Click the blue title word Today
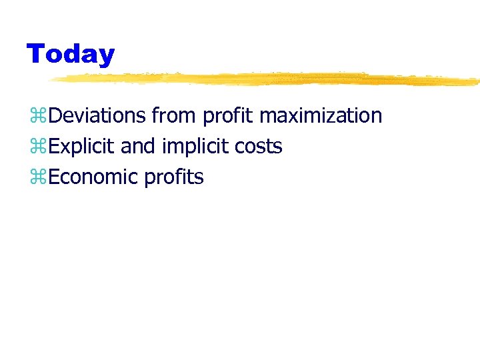pyautogui.click(x=70, y=54)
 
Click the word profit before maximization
pyautogui.click(x=227, y=116)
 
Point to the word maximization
pyautogui.click(x=321, y=115)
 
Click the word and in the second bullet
pyautogui.click(x=138, y=146)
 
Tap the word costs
pyautogui.click(x=259, y=147)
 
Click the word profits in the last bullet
pyautogui.click(x=173, y=178)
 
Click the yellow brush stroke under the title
pyautogui.click(x=267, y=79)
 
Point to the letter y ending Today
pyautogui.click(x=106, y=56)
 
